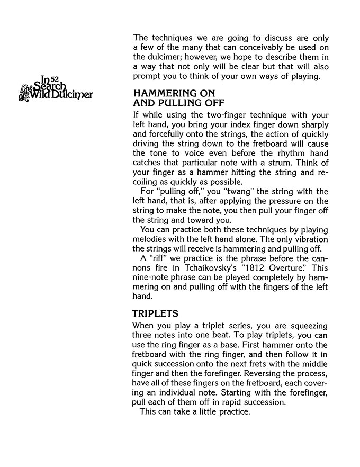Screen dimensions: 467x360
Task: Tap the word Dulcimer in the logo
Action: [x=73, y=95]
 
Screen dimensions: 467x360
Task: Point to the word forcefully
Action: [x=170, y=134]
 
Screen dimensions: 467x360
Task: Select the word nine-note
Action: [x=152, y=278]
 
